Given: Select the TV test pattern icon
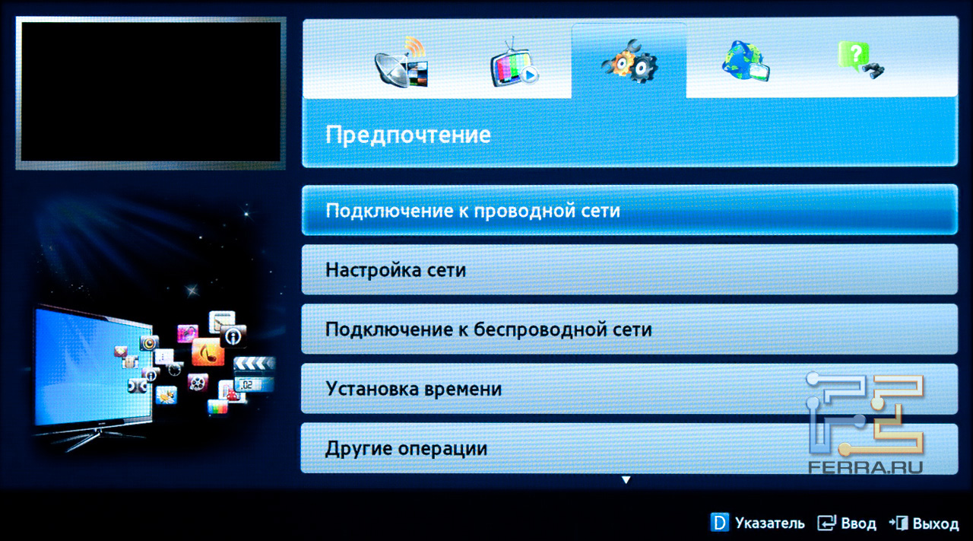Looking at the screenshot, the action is tap(515, 63).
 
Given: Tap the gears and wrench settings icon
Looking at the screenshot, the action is tap(630, 62).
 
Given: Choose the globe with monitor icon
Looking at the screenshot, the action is tap(746, 62).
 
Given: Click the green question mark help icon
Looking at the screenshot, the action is tap(860, 60).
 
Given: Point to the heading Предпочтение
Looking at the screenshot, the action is tap(408, 135).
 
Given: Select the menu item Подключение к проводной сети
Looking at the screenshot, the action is tap(473, 211).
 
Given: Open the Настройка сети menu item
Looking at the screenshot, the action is tap(395, 270).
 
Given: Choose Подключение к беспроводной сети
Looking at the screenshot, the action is tap(489, 329).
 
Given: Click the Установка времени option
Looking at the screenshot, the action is tap(414, 389).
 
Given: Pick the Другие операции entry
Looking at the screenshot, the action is tap(406, 448).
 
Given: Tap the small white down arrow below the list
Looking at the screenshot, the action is tap(626, 479).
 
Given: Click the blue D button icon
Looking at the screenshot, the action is tap(719, 522).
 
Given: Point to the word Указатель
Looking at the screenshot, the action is tap(770, 523).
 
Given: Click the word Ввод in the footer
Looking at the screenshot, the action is tap(858, 523).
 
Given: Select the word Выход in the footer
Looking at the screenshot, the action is tap(936, 523).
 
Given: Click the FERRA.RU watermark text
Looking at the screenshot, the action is tap(865, 467).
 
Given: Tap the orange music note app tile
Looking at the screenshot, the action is tap(208, 352).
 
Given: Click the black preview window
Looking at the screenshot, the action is tap(151, 93).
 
